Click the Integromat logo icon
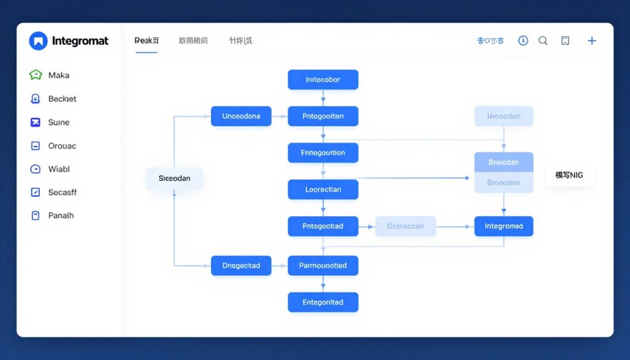pyautogui.click(x=38, y=41)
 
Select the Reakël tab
pyautogui.click(x=146, y=41)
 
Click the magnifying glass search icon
pyautogui.click(x=543, y=41)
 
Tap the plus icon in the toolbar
pyautogui.click(x=592, y=41)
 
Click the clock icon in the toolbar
pyautogui.click(x=523, y=41)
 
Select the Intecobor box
pyautogui.click(x=323, y=79)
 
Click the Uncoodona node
pyautogui.click(x=241, y=116)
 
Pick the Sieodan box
pyautogui.click(x=175, y=178)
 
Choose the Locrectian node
pyautogui.click(x=323, y=190)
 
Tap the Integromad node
pyautogui.click(x=504, y=226)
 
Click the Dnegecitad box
pyautogui.click(x=241, y=266)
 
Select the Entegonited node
pyautogui.click(x=323, y=302)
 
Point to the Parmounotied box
pyautogui.click(x=323, y=266)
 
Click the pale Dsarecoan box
pyautogui.click(x=405, y=226)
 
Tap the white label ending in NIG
pyautogui.click(x=569, y=175)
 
